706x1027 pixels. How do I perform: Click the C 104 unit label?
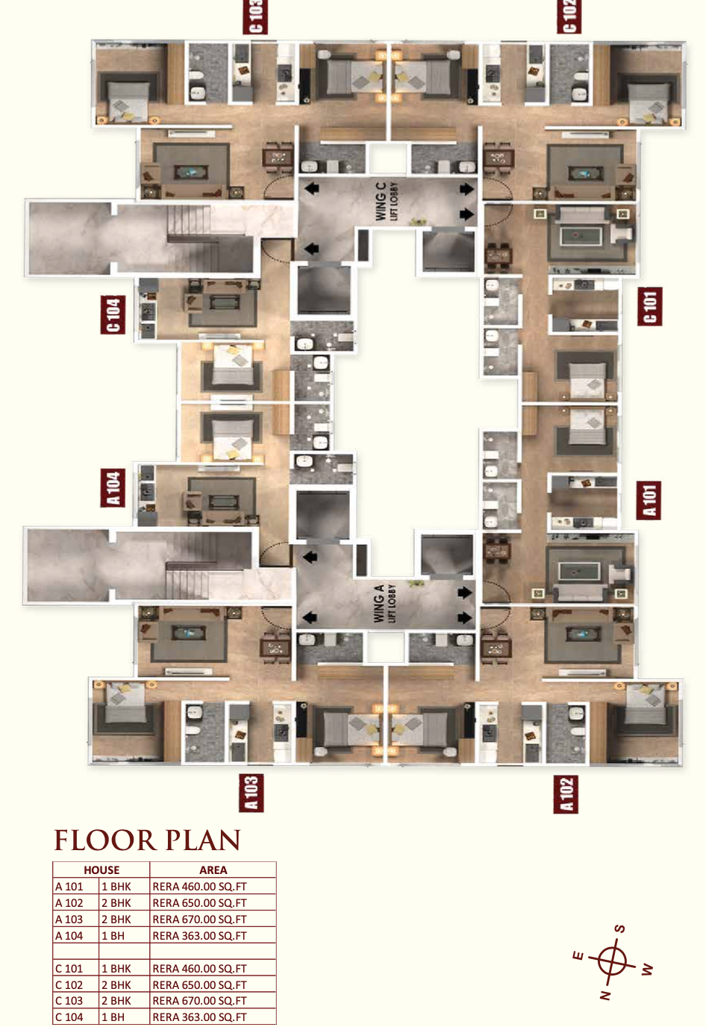click(113, 314)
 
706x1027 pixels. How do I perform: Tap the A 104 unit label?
click(113, 488)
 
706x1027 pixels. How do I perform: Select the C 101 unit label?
click(649, 307)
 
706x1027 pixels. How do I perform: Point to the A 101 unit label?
click(649, 500)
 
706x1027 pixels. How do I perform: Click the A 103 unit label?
click(252, 793)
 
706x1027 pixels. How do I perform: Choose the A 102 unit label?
click(566, 795)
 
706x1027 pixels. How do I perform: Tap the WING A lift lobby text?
click(384, 603)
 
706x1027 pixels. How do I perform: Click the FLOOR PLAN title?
click(147, 840)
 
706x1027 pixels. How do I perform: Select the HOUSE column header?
click(101, 870)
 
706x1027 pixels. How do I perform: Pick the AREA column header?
click(213, 870)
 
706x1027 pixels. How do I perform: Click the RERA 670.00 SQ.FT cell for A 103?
click(199, 920)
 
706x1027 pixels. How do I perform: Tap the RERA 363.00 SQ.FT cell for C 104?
click(199, 1017)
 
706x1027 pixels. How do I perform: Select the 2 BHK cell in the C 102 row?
click(116, 984)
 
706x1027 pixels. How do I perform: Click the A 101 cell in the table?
click(69, 886)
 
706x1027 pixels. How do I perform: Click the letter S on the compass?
click(620, 929)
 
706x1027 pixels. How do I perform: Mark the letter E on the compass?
click(578, 955)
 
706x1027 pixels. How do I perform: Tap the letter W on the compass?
click(647, 969)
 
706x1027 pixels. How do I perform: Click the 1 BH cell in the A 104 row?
click(113, 936)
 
